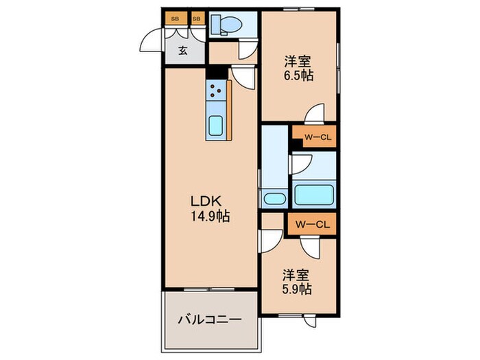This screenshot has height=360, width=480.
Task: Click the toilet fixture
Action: pyautogui.click(x=226, y=24)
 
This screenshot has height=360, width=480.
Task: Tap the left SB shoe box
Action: pyautogui.click(x=176, y=19)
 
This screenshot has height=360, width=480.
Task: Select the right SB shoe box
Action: pyautogui.click(x=197, y=19)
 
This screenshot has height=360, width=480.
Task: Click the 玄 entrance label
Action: pyautogui.click(x=183, y=50)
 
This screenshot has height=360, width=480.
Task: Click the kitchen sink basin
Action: pyautogui.click(x=216, y=125)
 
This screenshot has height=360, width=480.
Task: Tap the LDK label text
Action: pyautogui.click(x=206, y=202)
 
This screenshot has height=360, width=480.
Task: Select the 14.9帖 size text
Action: pyautogui.click(x=211, y=217)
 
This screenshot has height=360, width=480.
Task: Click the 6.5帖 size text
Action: pyautogui.click(x=298, y=75)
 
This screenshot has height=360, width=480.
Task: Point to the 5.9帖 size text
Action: pyautogui.click(x=297, y=289)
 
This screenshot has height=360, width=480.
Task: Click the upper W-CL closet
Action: pyautogui.click(x=314, y=136)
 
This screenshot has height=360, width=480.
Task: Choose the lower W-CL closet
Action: pyautogui.click(x=312, y=225)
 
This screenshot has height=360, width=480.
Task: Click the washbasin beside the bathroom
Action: pyautogui.click(x=274, y=199)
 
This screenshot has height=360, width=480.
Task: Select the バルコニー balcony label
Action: pyautogui.click(x=210, y=320)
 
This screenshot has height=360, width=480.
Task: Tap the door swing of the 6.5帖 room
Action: pyautogui.click(x=314, y=112)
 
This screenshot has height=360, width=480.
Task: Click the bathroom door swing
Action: pyautogui.click(x=302, y=164)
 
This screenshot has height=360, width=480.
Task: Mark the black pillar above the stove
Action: pyautogui.click(x=217, y=73)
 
